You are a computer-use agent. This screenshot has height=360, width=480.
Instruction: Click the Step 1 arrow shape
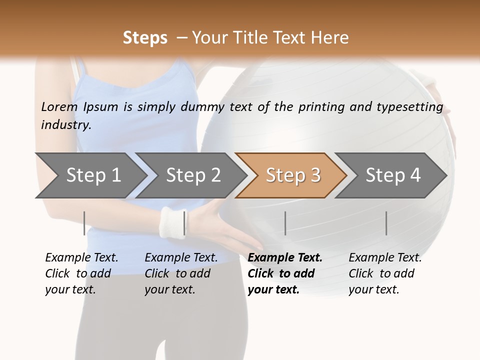pyautogui.click(x=90, y=175)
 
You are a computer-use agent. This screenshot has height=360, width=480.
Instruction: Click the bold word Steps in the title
pyautogui.click(x=145, y=38)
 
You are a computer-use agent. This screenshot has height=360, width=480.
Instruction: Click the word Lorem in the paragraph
pyautogui.click(x=59, y=106)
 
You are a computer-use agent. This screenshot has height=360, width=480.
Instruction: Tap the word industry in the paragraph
pyautogui.click(x=66, y=124)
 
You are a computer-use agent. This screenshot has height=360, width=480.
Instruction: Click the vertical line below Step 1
pyautogui.click(x=84, y=223)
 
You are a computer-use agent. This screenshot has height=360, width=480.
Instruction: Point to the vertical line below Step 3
pyautogui.click(x=285, y=223)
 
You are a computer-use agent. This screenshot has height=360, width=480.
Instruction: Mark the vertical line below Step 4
pyautogui.click(x=386, y=223)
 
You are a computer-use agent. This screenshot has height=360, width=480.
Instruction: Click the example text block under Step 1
pyautogui.click(x=81, y=273)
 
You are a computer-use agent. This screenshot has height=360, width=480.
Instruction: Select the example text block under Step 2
pyautogui.click(x=181, y=273)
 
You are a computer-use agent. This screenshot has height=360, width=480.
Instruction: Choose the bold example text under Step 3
pyautogui.click(x=285, y=273)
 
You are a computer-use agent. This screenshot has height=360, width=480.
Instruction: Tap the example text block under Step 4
pyautogui.click(x=385, y=273)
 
